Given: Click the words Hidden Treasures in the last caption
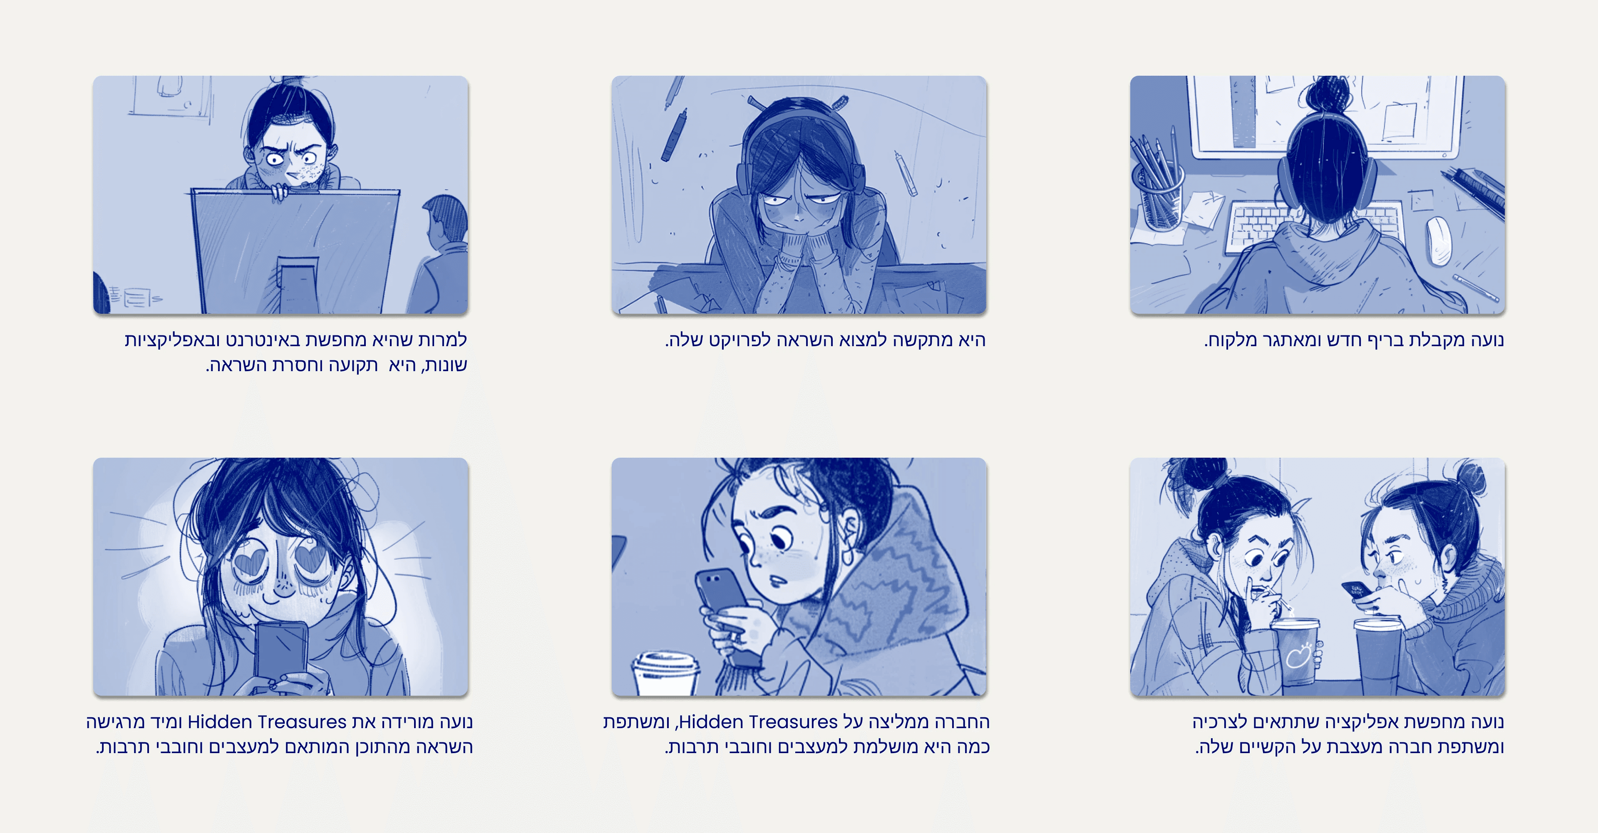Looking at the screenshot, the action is [x=267, y=722].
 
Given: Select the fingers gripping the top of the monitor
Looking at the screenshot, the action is [x=280, y=192].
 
